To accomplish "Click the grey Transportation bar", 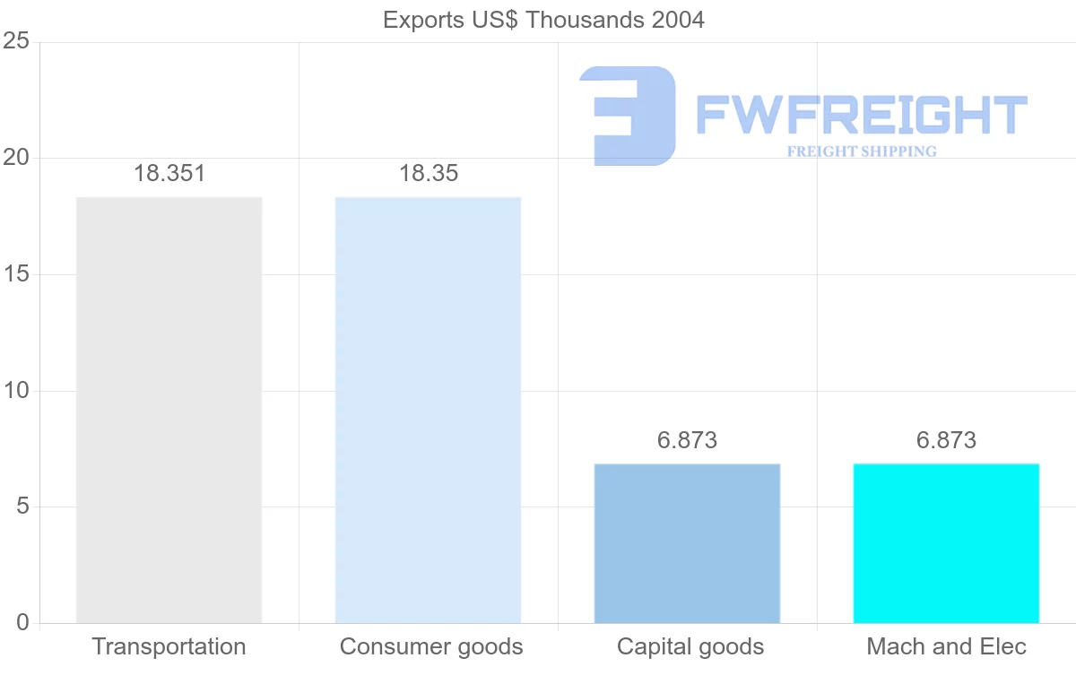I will pos(169,410).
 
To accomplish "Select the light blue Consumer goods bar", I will pos(428,410).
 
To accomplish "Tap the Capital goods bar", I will pos(687,543).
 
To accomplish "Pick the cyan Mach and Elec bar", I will pos(946,543).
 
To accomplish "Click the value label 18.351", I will pos(169,174).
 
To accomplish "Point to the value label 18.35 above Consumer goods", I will pos(429,174).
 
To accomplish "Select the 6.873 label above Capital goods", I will pos(687,440).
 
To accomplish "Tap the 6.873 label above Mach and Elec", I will pos(946,440).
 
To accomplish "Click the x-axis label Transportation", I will pos(169,646).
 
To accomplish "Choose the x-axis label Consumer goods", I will pos(431,646).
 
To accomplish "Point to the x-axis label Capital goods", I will pos(690,646).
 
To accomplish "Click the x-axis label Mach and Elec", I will pos(946,646).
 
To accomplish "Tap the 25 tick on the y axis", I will pos(16,42).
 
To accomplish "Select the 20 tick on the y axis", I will pos(16,158).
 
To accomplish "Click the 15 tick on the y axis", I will pos(16,274).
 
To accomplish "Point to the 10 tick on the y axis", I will pos(16,391).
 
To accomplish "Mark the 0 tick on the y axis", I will pos(22,623).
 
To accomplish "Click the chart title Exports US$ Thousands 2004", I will pos(543,20).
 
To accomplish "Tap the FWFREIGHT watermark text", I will pos(861,115).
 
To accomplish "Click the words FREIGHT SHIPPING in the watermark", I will pos(862,152).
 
